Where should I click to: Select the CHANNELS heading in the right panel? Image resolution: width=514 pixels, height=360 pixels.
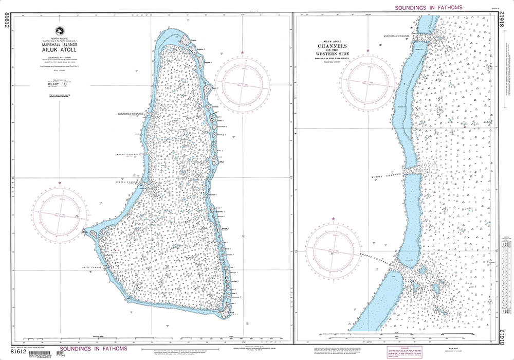click(x=337, y=45)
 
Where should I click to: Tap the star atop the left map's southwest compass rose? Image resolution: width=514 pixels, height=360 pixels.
click(x=60, y=183)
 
